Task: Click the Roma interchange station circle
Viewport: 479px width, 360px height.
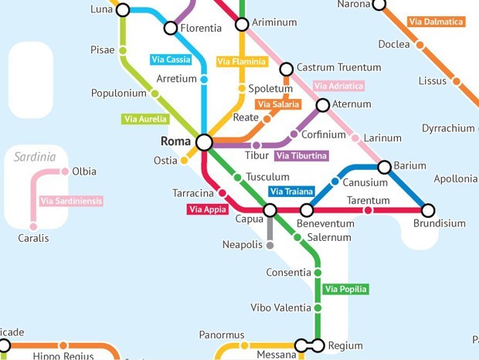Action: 204,142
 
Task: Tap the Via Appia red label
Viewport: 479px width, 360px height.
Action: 206,209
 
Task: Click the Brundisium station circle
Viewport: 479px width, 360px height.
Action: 428,210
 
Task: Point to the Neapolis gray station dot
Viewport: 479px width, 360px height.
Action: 270,246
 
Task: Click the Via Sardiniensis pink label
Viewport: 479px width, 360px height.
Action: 70,201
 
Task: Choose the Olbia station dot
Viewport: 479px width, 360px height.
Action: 65,172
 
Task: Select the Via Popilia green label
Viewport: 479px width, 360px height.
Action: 346,290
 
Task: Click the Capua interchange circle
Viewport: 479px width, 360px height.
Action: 270,210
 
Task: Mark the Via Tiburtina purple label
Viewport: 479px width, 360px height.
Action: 301,156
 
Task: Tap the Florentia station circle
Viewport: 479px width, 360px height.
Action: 171,29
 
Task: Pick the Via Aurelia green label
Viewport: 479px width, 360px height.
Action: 144,119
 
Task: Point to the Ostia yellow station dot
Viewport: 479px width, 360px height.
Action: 185,161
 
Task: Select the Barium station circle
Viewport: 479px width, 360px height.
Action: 384,166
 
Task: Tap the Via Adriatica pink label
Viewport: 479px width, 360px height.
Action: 338,86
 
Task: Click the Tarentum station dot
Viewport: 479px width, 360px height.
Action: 368,210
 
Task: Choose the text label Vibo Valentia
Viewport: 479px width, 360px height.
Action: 280,307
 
